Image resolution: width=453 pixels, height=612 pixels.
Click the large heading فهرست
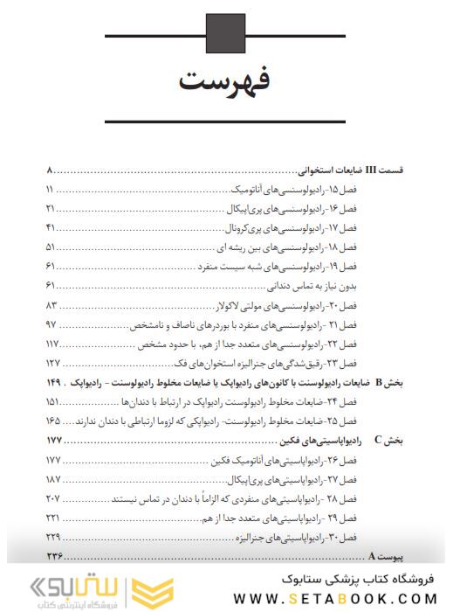(226, 83)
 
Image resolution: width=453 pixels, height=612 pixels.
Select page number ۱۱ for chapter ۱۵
(49, 190)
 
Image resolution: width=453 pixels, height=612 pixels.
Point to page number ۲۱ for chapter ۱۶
(50, 208)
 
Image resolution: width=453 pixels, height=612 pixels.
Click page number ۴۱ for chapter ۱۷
(50, 227)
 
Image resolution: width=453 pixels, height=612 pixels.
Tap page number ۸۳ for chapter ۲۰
(51, 304)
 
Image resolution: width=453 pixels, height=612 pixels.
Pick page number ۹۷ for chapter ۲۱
(51, 323)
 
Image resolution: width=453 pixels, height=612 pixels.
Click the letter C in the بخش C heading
(378, 440)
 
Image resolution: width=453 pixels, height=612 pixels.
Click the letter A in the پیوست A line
(372, 556)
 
